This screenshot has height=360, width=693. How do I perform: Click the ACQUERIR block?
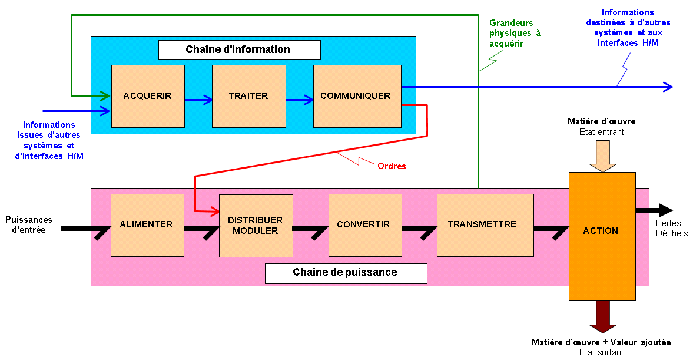pyautogui.click(x=148, y=96)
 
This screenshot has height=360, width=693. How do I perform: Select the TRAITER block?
pyautogui.click(x=248, y=96)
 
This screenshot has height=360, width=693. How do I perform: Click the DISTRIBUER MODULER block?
pyautogui.click(x=256, y=226)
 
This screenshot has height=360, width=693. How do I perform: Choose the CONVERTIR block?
pyautogui.click(x=364, y=224)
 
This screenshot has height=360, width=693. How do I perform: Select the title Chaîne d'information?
pyautogui.click(x=239, y=49)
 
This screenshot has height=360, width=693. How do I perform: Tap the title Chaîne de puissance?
pyautogui.click(x=346, y=273)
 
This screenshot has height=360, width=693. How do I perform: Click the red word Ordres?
pyautogui.click(x=392, y=166)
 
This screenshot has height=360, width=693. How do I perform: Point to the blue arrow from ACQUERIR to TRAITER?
pyautogui.click(x=198, y=100)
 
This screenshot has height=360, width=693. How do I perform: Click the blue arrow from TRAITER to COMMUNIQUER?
pyautogui.click(x=300, y=100)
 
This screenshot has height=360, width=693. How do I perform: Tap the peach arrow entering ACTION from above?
pyautogui.click(x=602, y=157)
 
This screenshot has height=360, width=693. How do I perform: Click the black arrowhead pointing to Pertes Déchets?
pyautogui.click(x=665, y=210)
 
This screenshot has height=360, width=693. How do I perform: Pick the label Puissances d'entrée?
pyautogui.click(x=29, y=224)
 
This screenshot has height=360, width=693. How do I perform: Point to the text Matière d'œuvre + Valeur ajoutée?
pyautogui.click(x=601, y=342)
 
